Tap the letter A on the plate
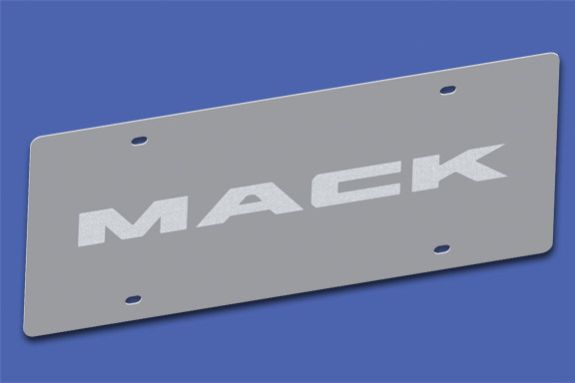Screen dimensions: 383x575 coord(240,202)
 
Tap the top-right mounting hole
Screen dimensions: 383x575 coord(446,91)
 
